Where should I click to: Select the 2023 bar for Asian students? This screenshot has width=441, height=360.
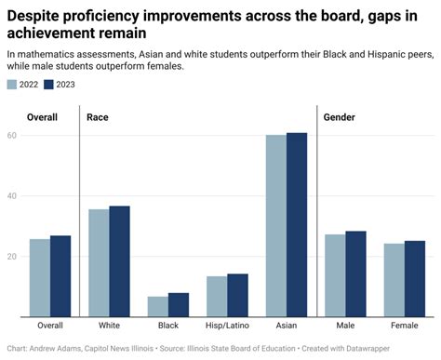tap(297, 223)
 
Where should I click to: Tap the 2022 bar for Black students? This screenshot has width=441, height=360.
tap(158, 306)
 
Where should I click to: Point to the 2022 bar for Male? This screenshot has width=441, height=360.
tap(335, 274)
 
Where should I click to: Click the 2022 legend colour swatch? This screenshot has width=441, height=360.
tap(11, 85)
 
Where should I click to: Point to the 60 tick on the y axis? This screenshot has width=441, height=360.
tap(12, 136)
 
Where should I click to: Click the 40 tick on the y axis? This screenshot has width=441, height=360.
tap(12, 196)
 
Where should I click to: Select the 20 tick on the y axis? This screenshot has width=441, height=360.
tap(12, 257)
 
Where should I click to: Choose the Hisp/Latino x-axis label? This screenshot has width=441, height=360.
tap(227, 326)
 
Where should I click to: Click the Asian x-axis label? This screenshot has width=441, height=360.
tap(287, 326)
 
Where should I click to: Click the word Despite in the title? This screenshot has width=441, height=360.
tap(36, 14)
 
